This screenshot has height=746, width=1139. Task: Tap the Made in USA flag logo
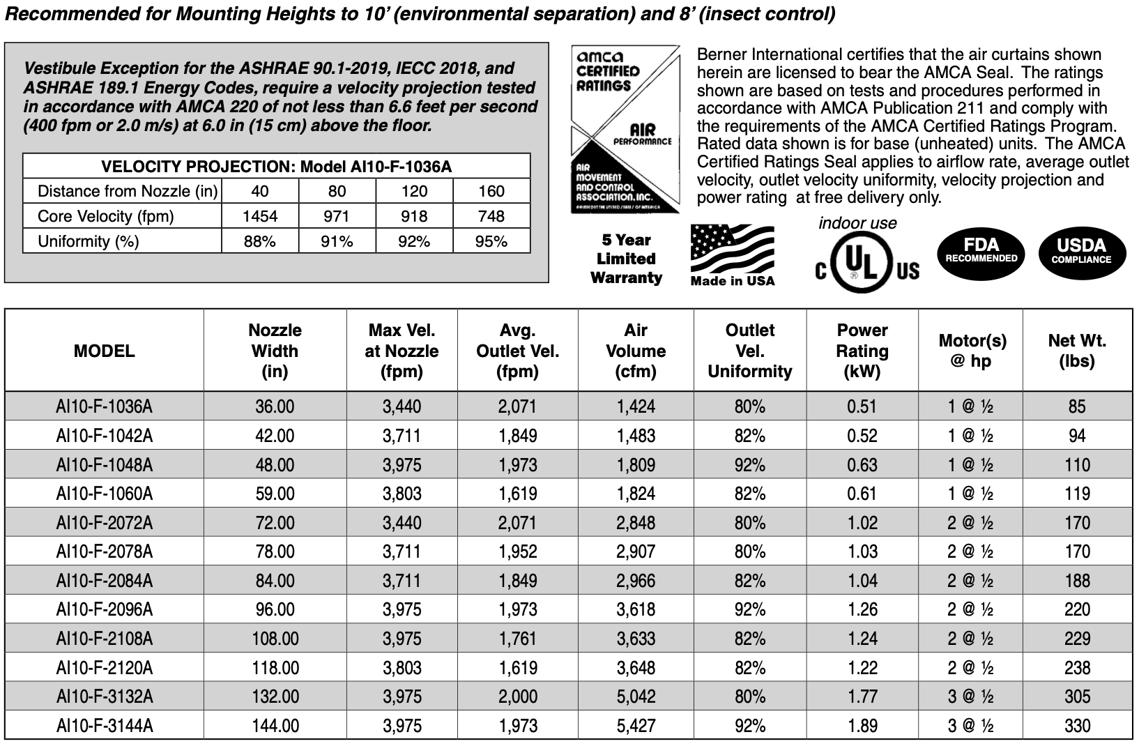(732, 255)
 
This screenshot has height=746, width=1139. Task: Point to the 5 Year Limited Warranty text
(626, 259)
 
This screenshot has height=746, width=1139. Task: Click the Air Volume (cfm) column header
(636, 351)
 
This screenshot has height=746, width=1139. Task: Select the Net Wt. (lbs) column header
(1077, 351)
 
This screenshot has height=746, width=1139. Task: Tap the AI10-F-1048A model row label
(104, 465)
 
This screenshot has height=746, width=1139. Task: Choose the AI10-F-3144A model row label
(104, 726)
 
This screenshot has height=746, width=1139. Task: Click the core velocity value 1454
(260, 216)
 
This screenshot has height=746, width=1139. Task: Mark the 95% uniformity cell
(491, 241)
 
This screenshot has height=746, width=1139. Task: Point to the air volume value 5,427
(636, 726)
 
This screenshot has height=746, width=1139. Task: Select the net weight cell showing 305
(1077, 696)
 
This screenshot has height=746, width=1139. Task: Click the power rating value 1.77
(862, 696)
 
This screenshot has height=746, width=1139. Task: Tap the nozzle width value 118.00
(275, 668)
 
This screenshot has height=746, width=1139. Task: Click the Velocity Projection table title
(276, 167)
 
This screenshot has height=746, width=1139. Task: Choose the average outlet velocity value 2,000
(517, 696)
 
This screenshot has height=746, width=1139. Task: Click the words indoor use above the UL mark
(857, 223)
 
